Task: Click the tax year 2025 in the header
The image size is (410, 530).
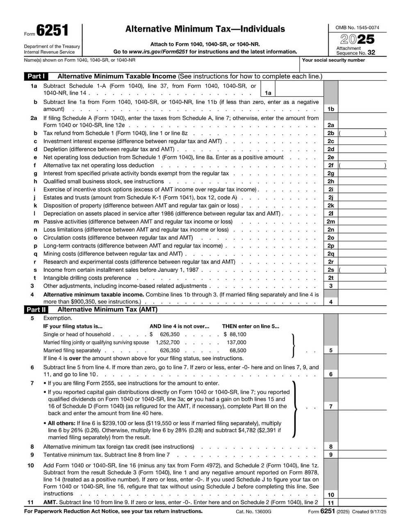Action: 357,40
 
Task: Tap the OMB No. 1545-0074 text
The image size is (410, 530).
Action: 357,28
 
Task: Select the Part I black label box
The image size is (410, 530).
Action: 36,76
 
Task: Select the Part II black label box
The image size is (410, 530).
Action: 36,310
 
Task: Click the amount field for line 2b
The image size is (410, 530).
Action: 362,133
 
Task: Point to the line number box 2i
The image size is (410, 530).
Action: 331,189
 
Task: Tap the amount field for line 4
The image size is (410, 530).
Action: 362,302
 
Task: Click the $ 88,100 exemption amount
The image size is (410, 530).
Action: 235,334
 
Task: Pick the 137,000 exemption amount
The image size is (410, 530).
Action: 237,342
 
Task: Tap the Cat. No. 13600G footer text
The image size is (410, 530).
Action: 253,512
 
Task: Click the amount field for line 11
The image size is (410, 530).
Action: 362,503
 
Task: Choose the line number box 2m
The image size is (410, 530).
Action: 331,222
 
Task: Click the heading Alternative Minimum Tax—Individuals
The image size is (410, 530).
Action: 205,29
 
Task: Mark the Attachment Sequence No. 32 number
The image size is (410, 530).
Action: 371,52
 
